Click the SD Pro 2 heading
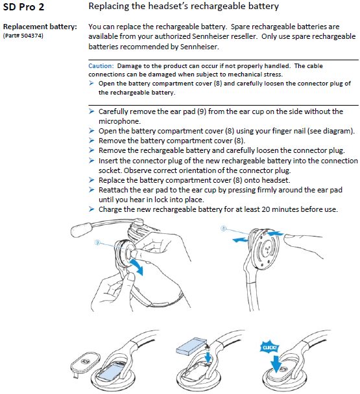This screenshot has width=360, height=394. tap(23, 6)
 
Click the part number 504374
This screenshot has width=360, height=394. tap(32, 36)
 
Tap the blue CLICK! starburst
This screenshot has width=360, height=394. tap(269, 347)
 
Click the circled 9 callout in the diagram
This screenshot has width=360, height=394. tap(97, 242)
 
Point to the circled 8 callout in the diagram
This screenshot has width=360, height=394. tap(223, 228)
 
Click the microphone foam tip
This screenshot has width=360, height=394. tap(82, 229)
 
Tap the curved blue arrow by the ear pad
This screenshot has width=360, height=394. tap(137, 267)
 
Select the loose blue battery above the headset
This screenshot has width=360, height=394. tap(191, 346)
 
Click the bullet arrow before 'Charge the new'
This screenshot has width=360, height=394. tap(91, 209)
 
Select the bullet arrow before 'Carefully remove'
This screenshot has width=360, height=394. tap(91, 111)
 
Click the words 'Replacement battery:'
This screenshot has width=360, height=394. tap(40, 27)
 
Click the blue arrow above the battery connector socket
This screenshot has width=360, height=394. tap(208, 357)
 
